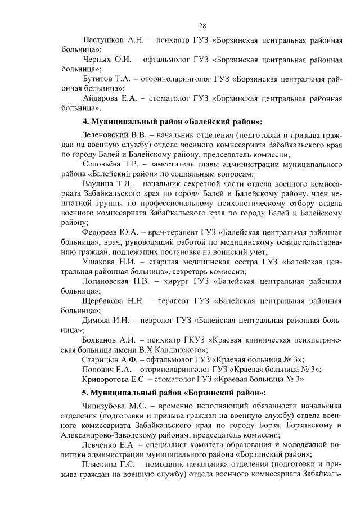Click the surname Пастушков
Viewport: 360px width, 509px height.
(104, 41)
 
